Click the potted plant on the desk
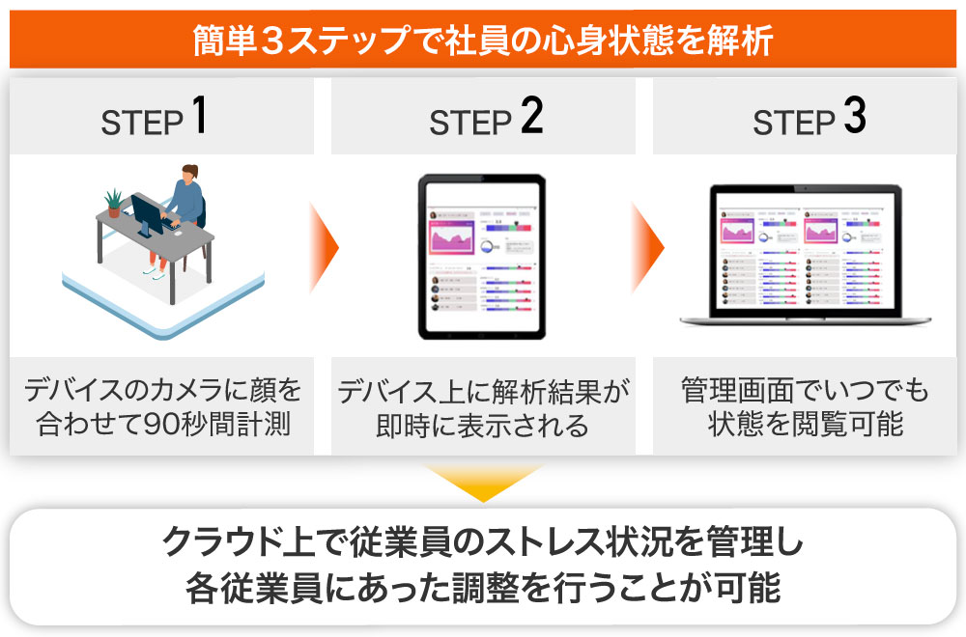[x=114, y=202]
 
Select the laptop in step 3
[x=806, y=256]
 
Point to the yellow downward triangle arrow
[x=483, y=483]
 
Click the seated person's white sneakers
[x=156, y=273]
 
